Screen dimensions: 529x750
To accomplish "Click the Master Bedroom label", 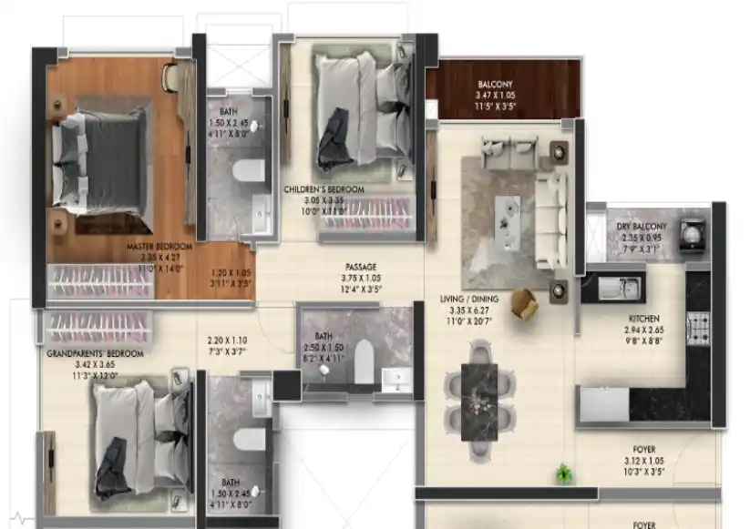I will click(x=159, y=247).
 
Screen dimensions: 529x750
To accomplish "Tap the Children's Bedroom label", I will click(x=324, y=189).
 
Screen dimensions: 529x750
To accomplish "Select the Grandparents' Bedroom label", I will click(x=95, y=352).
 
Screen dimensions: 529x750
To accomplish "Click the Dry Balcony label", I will click(x=642, y=226).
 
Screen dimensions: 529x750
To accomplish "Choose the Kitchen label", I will click(x=643, y=319).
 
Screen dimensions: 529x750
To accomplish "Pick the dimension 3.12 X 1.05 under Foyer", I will click(x=643, y=461).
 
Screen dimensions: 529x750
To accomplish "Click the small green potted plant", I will click(x=564, y=473).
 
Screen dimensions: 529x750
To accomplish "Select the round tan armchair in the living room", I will click(x=524, y=304).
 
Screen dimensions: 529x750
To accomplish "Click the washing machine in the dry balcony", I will click(x=693, y=233).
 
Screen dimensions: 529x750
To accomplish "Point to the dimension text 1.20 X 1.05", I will click(x=230, y=272).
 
